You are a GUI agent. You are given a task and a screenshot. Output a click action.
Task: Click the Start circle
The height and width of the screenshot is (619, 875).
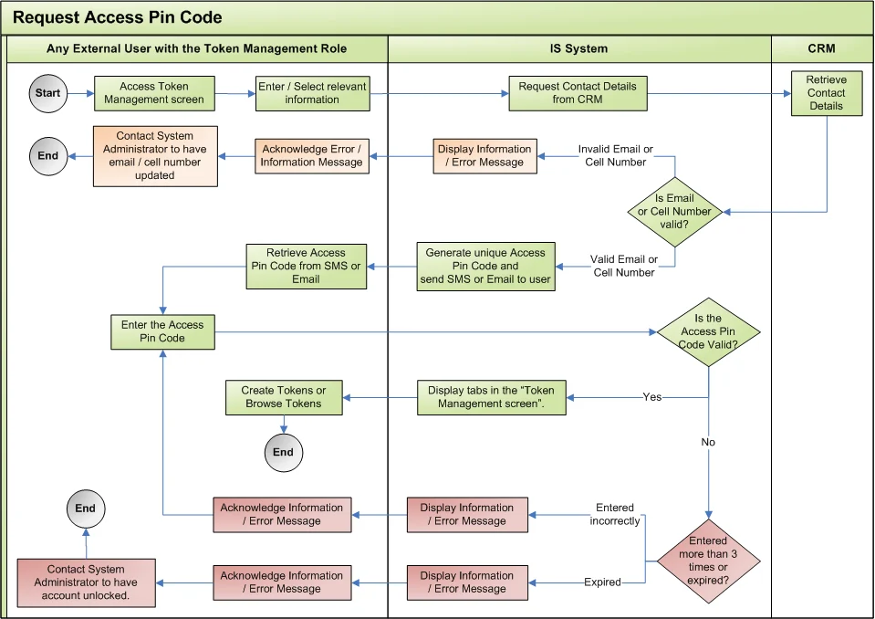(x=47, y=93)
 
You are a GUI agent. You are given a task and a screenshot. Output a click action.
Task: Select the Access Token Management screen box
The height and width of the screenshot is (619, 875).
(x=154, y=93)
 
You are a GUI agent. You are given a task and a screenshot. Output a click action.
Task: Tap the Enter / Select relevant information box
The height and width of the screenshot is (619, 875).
(x=312, y=93)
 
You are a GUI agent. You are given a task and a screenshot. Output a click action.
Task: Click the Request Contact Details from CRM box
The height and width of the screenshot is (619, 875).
(x=578, y=93)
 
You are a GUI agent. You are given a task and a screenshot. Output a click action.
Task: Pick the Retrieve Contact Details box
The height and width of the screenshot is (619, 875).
(x=826, y=93)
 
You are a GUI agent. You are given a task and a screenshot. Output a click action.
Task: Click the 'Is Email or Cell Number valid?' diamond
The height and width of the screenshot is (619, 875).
(x=675, y=212)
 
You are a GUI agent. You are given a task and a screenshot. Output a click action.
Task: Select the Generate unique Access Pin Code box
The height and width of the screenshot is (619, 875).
(x=485, y=266)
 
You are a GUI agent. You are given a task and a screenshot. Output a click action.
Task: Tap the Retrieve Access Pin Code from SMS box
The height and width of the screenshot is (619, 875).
(x=306, y=266)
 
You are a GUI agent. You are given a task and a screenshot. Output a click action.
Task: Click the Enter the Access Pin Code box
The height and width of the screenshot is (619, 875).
(x=162, y=331)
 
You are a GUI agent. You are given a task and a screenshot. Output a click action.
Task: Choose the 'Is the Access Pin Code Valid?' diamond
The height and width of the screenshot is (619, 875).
(x=708, y=331)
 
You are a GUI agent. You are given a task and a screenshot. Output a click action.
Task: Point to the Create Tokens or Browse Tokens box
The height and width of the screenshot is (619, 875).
(x=283, y=397)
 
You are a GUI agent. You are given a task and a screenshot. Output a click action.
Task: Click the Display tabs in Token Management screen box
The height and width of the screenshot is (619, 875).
(x=491, y=397)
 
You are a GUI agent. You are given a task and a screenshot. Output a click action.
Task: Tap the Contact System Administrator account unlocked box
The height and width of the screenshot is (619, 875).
(x=88, y=582)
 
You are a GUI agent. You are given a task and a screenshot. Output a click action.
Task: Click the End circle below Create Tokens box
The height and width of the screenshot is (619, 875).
(x=283, y=452)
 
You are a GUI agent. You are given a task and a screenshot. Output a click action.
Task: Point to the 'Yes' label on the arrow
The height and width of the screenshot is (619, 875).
(x=652, y=397)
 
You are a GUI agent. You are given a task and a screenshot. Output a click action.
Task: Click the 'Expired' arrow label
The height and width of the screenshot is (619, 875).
(x=602, y=582)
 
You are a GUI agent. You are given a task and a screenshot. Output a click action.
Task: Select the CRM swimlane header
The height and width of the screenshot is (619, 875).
(x=821, y=48)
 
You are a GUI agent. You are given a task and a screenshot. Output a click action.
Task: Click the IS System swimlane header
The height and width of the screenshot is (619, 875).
(x=579, y=48)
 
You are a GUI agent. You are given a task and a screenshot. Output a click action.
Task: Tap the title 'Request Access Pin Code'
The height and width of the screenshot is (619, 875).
(x=117, y=17)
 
